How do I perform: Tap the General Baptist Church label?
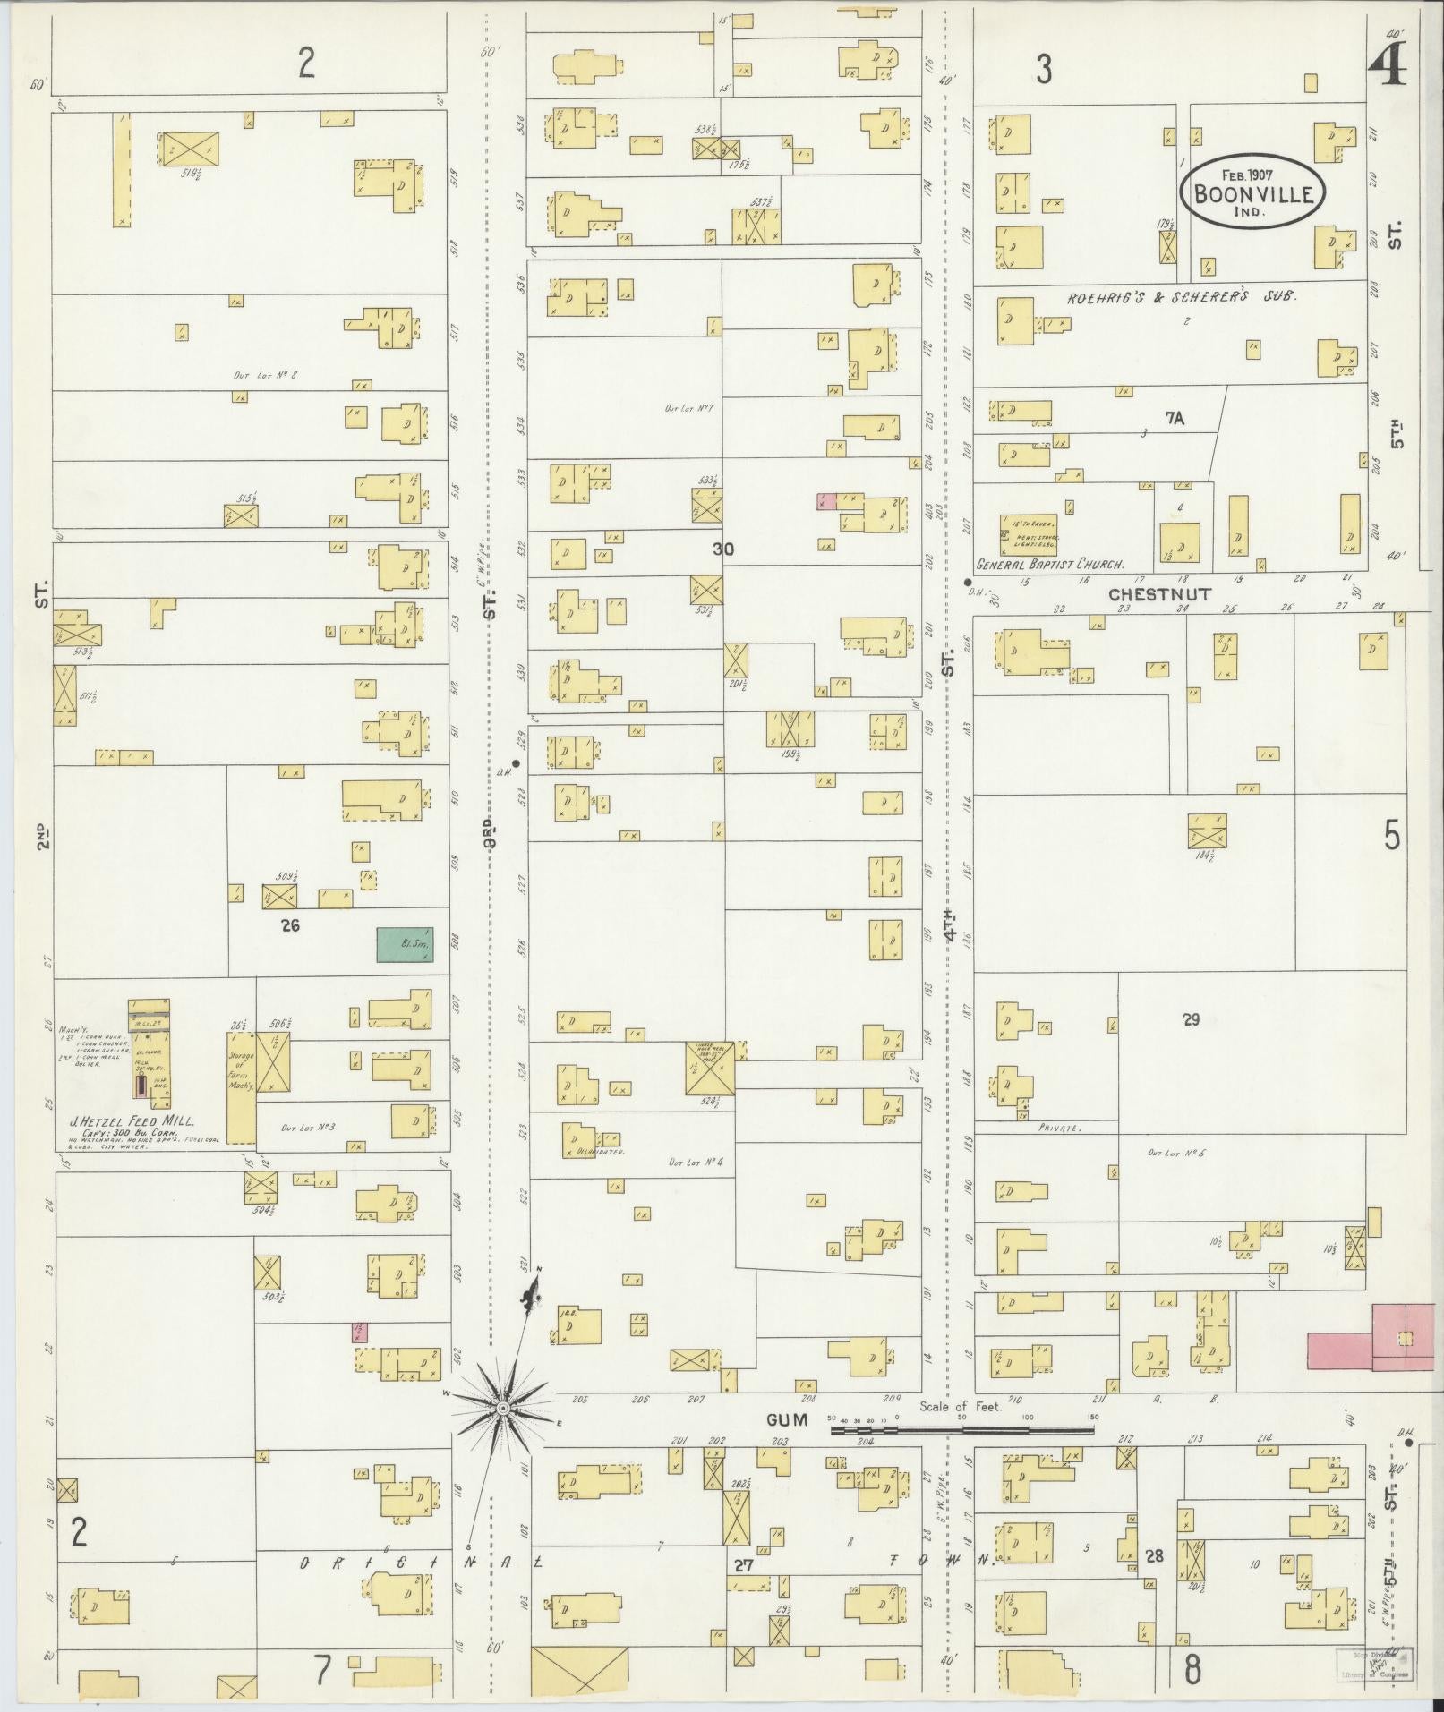pyautogui.click(x=1049, y=565)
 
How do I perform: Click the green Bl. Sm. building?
pyautogui.click(x=405, y=944)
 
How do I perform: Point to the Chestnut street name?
pyautogui.click(x=1158, y=594)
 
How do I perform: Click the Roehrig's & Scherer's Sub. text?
pyautogui.click(x=1180, y=296)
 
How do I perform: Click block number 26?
pyautogui.click(x=289, y=925)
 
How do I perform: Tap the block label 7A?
pyautogui.click(x=1174, y=418)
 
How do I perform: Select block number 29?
pyautogui.click(x=1190, y=1018)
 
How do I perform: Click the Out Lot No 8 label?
pyautogui.click(x=265, y=375)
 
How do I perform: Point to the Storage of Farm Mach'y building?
pyautogui.click(x=241, y=1086)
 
